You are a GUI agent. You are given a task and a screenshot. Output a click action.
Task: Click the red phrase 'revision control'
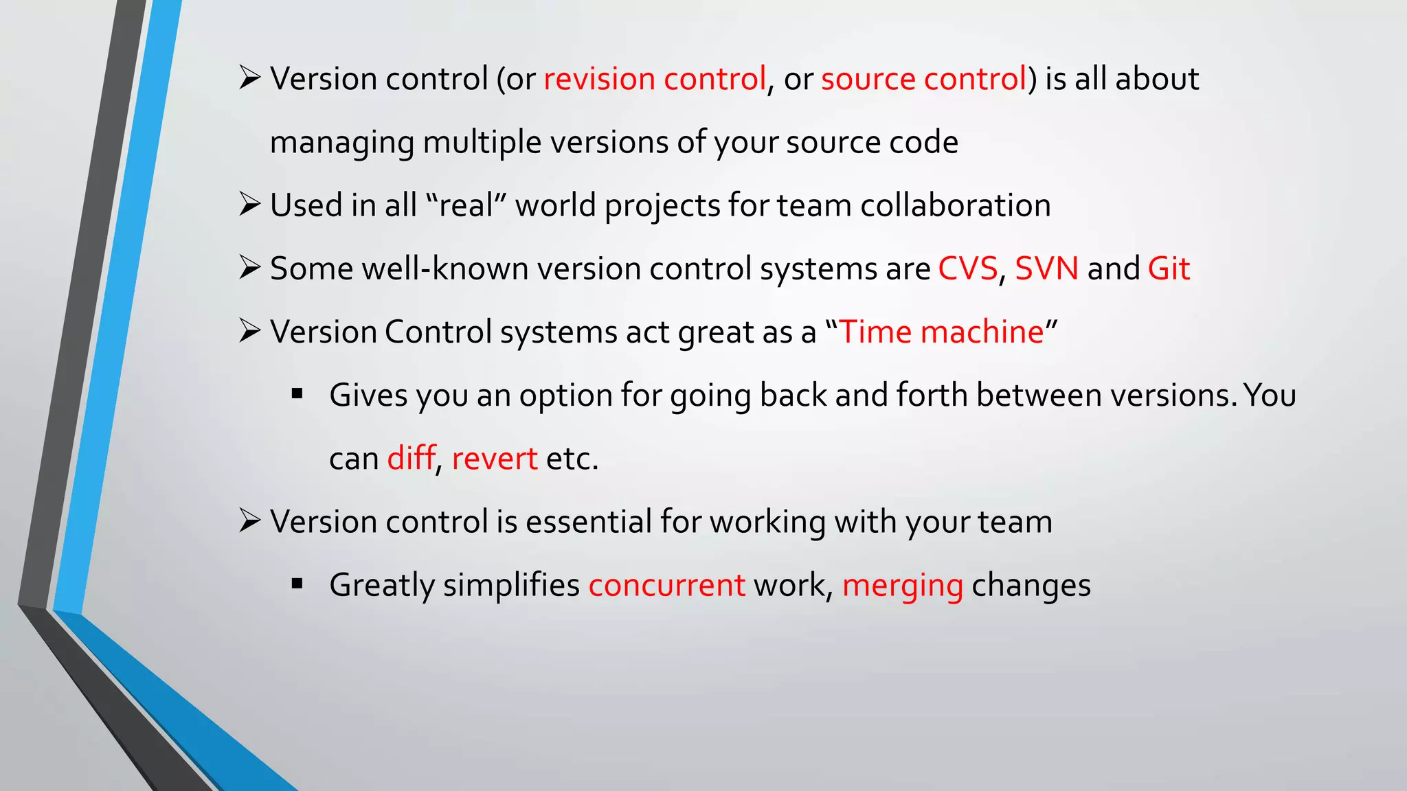655,79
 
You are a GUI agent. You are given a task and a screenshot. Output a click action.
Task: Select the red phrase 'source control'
924,79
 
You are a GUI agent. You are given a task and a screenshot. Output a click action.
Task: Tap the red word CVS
967,268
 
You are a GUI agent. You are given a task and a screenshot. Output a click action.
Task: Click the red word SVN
1046,268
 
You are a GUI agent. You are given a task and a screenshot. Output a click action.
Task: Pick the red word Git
1169,268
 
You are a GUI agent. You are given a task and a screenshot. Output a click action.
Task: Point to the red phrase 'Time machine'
941,332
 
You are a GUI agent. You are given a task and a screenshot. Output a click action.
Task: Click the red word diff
412,458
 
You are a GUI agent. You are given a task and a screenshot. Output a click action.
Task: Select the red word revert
494,459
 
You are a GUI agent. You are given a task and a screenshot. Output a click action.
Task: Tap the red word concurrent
666,585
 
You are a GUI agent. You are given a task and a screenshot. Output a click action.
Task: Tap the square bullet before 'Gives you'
297,394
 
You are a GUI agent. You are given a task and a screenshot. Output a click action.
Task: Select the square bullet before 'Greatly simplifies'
297,584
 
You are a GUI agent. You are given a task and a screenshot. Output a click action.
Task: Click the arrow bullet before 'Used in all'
249,205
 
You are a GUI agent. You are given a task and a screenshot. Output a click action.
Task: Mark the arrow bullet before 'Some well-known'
249,268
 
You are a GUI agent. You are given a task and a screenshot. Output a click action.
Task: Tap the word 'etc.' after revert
572,459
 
